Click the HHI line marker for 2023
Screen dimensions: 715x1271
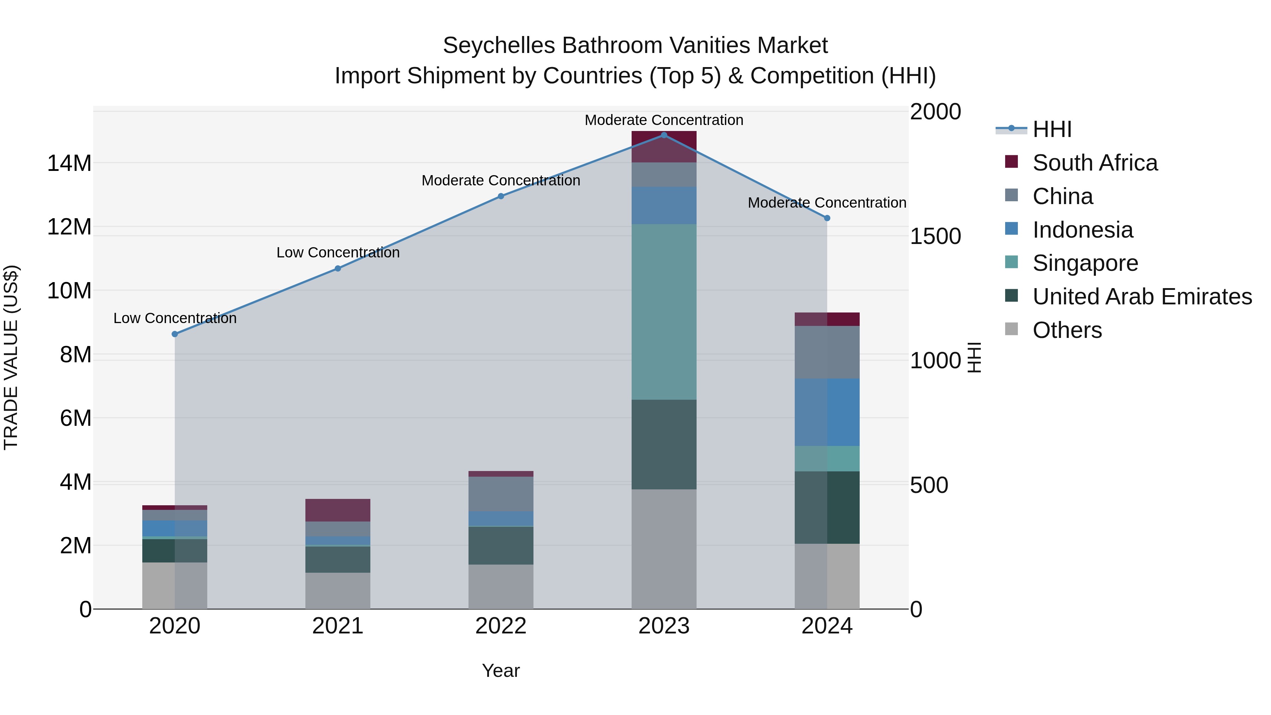664,135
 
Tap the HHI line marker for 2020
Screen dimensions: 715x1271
175,334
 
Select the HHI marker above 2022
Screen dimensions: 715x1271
501,196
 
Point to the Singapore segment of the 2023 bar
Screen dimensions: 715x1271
664,312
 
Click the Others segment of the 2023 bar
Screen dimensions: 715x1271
664,549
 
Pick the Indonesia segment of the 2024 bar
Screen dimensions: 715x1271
827,412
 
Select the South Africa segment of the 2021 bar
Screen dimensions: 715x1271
338,510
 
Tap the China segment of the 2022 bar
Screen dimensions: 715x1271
501,494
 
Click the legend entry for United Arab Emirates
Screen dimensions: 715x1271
1142,297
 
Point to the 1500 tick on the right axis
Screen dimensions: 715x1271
935,236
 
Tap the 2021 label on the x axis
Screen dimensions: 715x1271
338,626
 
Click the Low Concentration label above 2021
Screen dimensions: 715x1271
338,253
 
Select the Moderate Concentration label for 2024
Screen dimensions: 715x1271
827,203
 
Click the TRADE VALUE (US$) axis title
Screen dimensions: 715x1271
11,357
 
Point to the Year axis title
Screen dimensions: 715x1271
500,671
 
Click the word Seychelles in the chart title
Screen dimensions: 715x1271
499,46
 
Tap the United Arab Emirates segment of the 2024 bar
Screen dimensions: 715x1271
827,507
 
